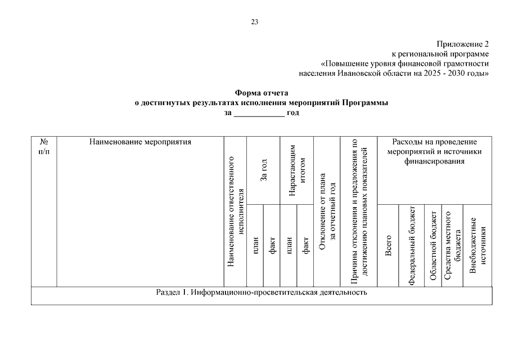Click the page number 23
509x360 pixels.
[x=255, y=22]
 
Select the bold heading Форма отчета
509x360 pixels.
[x=261, y=93]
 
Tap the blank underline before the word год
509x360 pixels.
[x=259, y=113]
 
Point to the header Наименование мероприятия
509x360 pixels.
[x=140, y=142]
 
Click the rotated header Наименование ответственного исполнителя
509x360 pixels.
[x=236, y=211]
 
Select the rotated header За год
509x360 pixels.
[x=263, y=170]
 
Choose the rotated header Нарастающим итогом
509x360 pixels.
[x=296, y=170]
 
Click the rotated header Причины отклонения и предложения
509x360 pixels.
[x=359, y=211]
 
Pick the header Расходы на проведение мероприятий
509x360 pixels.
[x=434, y=151]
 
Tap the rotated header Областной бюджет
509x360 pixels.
[x=433, y=245]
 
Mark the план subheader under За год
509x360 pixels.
[x=255, y=245]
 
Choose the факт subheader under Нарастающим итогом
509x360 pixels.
[x=305, y=245]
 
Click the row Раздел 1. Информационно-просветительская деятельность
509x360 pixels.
[x=261, y=293]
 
